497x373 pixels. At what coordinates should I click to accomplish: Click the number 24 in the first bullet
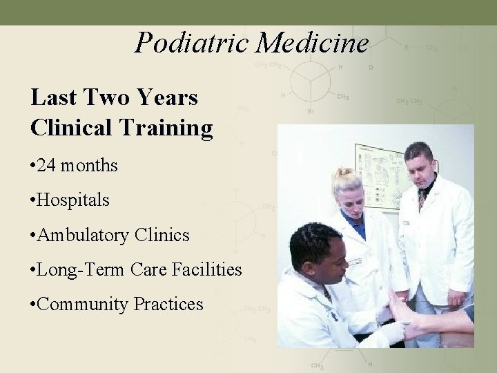(x=49, y=166)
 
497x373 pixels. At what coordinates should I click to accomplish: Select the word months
(x=89, y=166)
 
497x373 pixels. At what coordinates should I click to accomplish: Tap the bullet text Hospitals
(x=75, y=201)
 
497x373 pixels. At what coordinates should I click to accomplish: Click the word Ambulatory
(x=85, y=236)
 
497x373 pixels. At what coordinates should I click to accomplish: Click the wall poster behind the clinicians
(x=379, y=173)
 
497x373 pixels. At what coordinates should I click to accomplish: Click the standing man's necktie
(x=422, y=200)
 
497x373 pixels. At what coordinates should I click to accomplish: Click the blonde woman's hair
(x=346, y=180)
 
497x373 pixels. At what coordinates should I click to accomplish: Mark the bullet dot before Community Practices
(x=34, y=304)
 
